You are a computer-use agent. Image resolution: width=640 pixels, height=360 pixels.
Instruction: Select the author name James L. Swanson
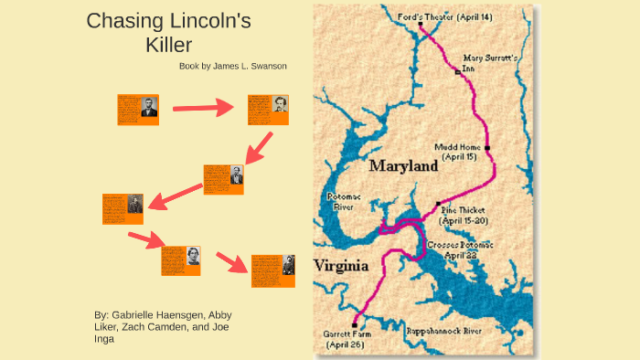pyautogui.click(x=250, y=66)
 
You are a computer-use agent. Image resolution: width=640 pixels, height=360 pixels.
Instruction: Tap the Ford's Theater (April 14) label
pyautogui.click(x=444, y=16)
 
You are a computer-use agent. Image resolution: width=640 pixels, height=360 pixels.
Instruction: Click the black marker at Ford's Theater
pyautogui.click(x=421, y=25)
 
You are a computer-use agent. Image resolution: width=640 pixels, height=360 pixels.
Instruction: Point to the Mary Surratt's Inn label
pyautogui.click(x=490, y=62)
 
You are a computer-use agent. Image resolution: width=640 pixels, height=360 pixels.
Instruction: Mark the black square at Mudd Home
pyautogui.click(x=487, y=147)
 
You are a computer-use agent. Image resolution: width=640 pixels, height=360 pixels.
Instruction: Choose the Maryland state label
pyautogui.click(x=403, y=167)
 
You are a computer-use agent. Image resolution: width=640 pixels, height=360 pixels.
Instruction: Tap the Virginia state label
pyautogui.click(x=340, y=266)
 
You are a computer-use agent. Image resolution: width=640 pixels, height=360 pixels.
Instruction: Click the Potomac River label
pyautogui.click(x=344, y=202)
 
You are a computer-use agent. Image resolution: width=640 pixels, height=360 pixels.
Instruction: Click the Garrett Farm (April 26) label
pyautogui.click(x=345, y=339)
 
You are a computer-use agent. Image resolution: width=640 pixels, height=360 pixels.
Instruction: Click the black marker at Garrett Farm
pyautogui.click(x=355, y=324)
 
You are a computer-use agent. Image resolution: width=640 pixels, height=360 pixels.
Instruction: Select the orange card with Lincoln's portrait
pyautogui.click(x=138, y=109)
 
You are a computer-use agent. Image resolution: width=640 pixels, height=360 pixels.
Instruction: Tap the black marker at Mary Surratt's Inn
pyautogui.click(x=457, y=71)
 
